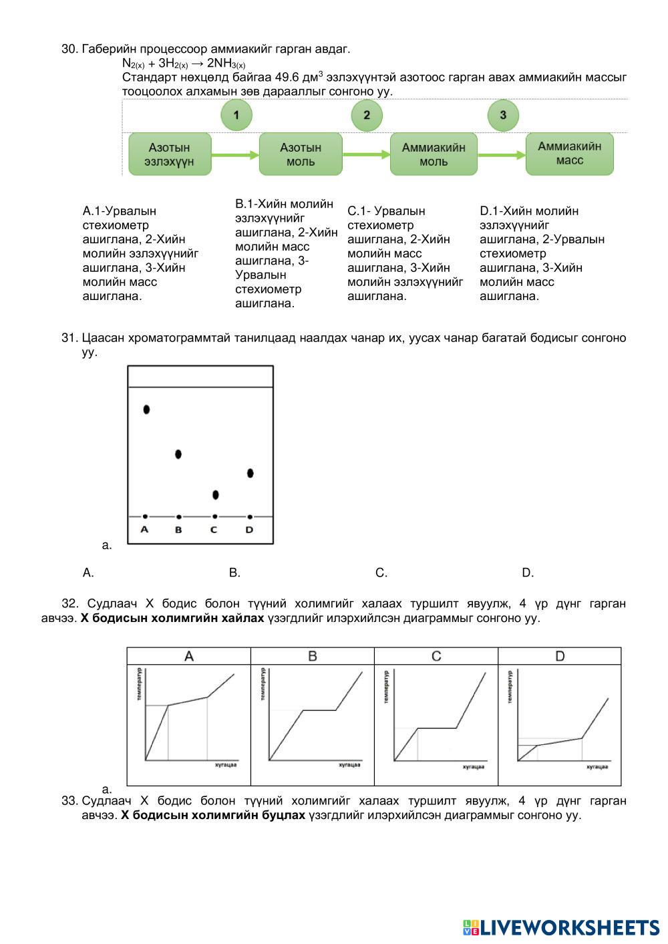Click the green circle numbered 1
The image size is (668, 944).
pos(236,115)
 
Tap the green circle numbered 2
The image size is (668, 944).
pos(367,115)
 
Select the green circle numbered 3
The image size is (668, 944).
pos(503,115)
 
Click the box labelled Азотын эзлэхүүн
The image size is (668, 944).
pos(170,154)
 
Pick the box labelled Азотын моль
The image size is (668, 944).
pos(301,154)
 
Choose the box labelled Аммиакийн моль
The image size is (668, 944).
pos(434,154)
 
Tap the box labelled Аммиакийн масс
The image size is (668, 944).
pos(569,154)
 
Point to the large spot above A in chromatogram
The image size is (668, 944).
pos(146,409)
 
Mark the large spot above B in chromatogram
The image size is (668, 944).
pos(178,454)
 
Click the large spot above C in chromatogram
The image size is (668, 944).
pos(215,495)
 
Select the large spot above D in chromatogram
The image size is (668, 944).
pos(250,473)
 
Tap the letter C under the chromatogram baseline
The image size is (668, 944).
pos(214,530)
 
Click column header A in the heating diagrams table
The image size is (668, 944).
pos(189,656)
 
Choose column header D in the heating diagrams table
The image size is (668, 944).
pos(560,656)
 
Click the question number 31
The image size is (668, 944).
pos(69,338)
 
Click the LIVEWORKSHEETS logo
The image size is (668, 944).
pos(560,927)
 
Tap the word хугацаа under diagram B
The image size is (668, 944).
pos(349,765)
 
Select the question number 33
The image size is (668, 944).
pos(69,801)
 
